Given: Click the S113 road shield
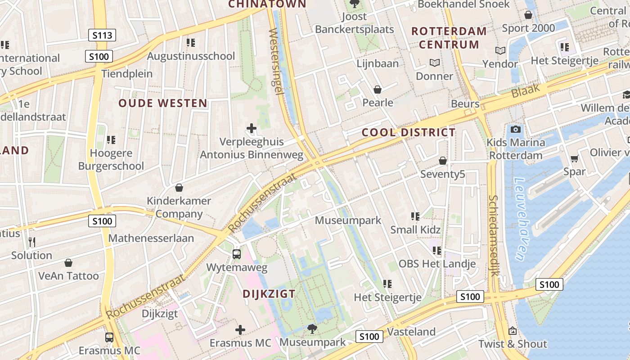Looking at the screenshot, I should pyautogui.click(x=102, y=35).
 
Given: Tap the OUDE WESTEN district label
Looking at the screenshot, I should pyautogui.click(x=163, y=103).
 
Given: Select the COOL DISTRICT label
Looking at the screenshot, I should pyautogui.click(x=409, y=132).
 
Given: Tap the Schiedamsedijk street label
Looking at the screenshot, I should pyautogui.click(x=494, y=235).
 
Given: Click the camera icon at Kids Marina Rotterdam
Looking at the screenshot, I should pyautogui.click(x=516, y=130).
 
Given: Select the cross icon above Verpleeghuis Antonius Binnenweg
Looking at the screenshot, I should pyautogui.click(x=252, y=129).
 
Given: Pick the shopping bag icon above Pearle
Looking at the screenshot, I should pyautogui.click(x=378, y=90).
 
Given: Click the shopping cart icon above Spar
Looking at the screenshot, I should pyautogui.click(x=574, y=158).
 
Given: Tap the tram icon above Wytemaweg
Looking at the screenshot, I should pyautogui.click(x=237, y=254).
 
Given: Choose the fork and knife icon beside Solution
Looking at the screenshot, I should pyautogui.click(x=31, y=242).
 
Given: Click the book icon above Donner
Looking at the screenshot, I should pyautogui.click(x=434, y=63).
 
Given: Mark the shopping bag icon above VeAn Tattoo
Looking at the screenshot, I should pyautogui.click(x=68, y=262).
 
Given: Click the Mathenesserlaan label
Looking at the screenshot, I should pyautogui.click(x=151, y=238).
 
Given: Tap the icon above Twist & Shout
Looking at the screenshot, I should pyautogui.click(x=512, y=331).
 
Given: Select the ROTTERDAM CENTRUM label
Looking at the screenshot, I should pyautogui.click(x=449, y=38).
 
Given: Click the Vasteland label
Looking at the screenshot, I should pyautogui.click(x=411, y=332).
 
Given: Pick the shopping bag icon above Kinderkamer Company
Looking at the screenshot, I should pyautogui.click(x=179, y=188).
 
